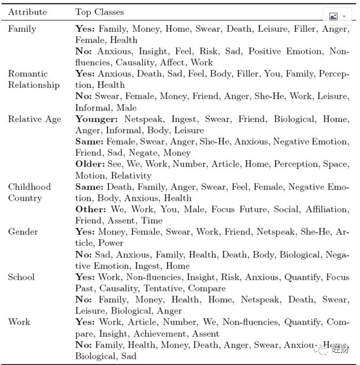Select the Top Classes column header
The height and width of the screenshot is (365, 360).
[99, 12]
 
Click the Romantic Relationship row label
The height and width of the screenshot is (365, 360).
[34, 79]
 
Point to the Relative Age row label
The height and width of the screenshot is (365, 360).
[34, 119]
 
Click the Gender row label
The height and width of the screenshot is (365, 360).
[23, 232]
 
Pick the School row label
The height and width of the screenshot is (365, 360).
[21, 277]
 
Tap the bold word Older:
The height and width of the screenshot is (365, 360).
[88, 164]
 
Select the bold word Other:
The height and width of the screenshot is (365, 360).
[88, 209]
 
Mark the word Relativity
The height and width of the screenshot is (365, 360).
[131, 176]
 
